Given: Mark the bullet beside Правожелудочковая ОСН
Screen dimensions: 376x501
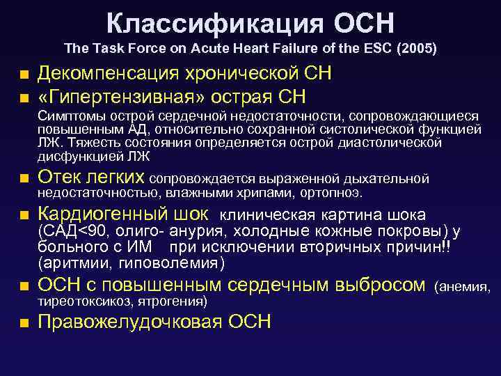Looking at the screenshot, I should click(24, 322).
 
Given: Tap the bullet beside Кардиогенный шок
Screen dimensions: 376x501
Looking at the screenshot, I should click(24, 215).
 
